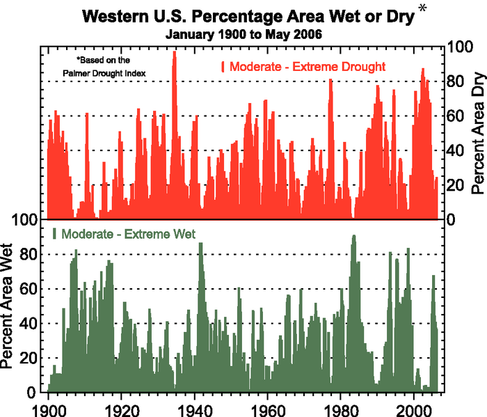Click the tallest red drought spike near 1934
click(175, 53)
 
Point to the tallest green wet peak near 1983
click(353, 237)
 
